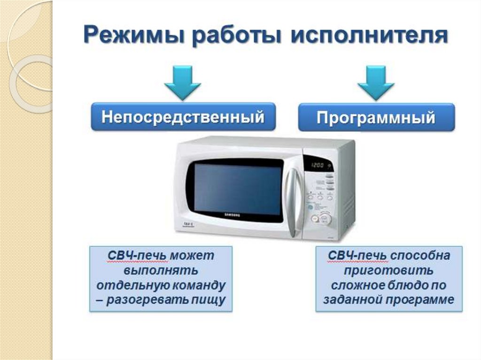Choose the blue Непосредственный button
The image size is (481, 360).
[183, 117]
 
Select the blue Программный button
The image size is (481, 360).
[376, 117]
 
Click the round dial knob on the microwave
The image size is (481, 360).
[325, 219]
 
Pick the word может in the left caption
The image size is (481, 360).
[192, 255]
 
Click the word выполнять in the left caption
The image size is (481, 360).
[161, 270]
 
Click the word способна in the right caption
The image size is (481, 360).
[420, 255]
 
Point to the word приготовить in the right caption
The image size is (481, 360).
[388, 270]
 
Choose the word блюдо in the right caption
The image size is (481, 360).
[402, 285]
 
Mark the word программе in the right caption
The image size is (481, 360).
[419, 300]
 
